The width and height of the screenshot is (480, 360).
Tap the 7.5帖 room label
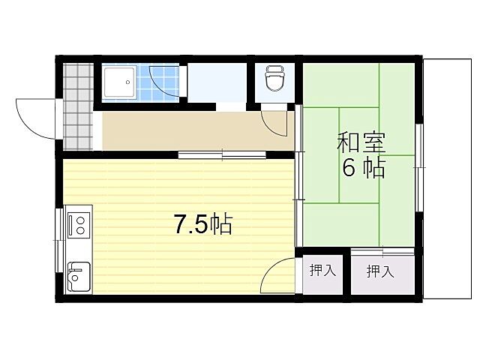click(202, 224)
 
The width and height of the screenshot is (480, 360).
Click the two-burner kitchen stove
click(78, 223)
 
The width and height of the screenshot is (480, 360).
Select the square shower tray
click(118, 81)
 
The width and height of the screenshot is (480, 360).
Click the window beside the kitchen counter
click(59, 240)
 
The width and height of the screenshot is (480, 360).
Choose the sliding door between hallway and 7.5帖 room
click(222, 155)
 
